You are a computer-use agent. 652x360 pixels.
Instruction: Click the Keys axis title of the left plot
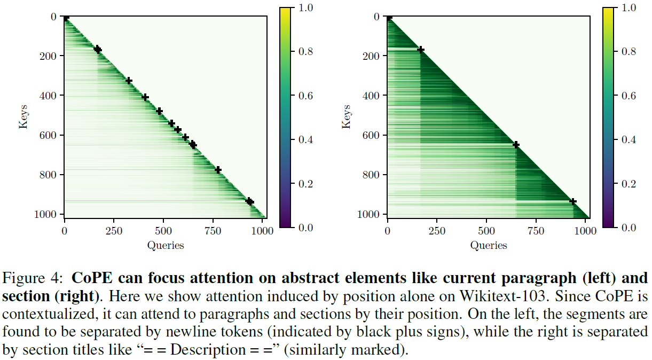pyautogui.click(x=23, y=116)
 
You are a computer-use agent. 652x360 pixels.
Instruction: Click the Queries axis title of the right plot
pyautogui.click(x=488, y=245)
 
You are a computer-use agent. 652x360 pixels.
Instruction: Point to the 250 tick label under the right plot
pyautogui.click(x=437, y=231)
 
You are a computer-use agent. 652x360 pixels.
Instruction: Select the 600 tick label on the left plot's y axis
pyautogui.click(x=49, y=135)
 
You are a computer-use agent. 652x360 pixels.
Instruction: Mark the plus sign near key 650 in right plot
pyautogui.click(x=516, y=145)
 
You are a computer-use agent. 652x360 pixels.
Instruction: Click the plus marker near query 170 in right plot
pyautogui.click(x=421, y=50)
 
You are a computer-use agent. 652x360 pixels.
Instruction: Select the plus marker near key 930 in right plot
pyautogui.click(x=573, y=201)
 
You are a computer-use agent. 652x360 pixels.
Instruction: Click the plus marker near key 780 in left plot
pyautogui.click(x=218, y=170)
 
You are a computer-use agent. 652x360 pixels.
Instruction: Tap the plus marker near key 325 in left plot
pyautogui.click(x=129, y=81)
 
